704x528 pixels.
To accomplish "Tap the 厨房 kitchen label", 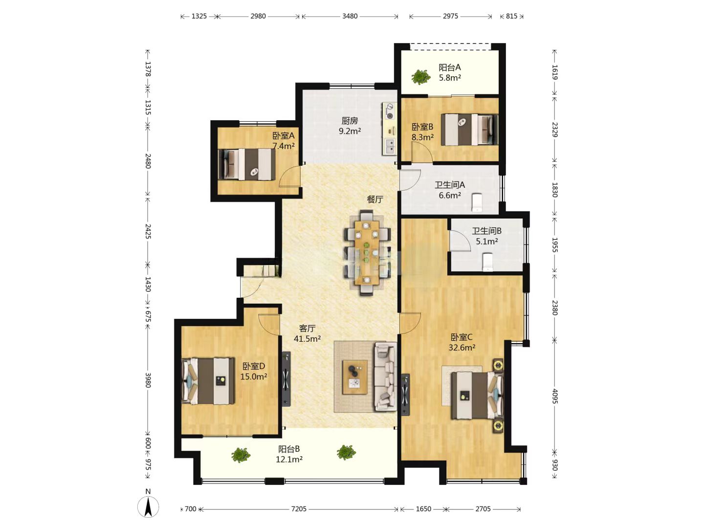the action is tap(349, 121).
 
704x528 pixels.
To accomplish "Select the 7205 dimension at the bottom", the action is tap(299, 509).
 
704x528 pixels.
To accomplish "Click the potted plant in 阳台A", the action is tap(420, 77).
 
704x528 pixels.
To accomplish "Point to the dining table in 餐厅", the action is tap(367, 253).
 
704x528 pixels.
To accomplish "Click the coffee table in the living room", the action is tap(355, 376).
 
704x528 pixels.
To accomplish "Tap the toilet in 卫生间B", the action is tap(487, 262).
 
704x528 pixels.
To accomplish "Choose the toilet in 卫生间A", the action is tap(477, 202).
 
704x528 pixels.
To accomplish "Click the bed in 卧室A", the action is tap(246, 164).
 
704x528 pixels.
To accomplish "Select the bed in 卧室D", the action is tap(208, 381).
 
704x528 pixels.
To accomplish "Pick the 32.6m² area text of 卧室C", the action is tap(462, 348).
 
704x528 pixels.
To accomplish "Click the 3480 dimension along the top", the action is tap(350, 16).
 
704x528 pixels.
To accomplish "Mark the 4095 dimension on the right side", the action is tap(555, 396).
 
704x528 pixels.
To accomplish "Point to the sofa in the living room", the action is tap(386, 376).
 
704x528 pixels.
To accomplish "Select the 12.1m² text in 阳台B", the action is tap(289, 460).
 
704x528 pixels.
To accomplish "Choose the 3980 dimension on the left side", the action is tap(148, 380).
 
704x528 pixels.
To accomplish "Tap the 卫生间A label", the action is tap(450, 185).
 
